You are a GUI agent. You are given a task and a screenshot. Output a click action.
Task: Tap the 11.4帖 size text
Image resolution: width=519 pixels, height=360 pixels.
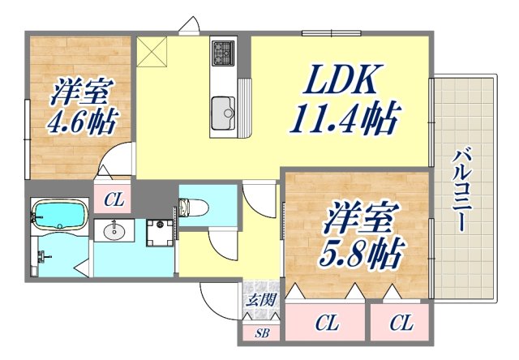(345, 122)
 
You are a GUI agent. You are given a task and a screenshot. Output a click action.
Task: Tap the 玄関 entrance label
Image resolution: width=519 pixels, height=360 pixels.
(261, 301)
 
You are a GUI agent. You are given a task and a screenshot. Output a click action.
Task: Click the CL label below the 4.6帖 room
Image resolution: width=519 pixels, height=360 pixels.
(113, 197)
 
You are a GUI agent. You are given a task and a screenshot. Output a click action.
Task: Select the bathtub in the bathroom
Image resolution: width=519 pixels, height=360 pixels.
(60, 216)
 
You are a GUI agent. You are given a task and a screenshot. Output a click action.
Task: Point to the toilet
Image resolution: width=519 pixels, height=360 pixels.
(192, 208)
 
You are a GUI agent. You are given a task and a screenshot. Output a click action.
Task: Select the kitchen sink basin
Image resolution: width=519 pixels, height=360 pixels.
(221, 109)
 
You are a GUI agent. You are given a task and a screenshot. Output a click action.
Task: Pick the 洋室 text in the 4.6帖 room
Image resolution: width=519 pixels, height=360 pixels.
(80, 91)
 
